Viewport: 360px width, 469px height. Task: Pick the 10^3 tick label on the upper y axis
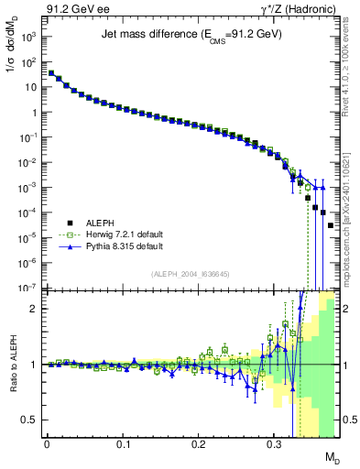[x=30, y=38]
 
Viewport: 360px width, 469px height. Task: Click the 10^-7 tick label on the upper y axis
[x=29, y=288]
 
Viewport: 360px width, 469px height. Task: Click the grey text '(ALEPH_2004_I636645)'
[x=191, y=273]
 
